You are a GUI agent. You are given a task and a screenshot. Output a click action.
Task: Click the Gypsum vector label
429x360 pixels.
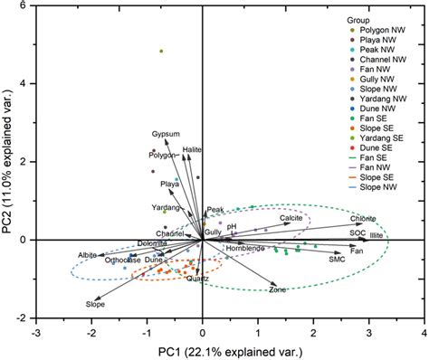[167, 133]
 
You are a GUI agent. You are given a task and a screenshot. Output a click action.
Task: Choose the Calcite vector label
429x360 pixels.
[291, 219]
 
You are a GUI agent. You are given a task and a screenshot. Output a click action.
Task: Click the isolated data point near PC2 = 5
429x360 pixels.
[161, 52]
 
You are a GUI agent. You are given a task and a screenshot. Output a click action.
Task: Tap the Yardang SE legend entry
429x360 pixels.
[380, 160]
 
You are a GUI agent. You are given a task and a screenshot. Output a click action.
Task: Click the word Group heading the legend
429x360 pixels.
[359, 19]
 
